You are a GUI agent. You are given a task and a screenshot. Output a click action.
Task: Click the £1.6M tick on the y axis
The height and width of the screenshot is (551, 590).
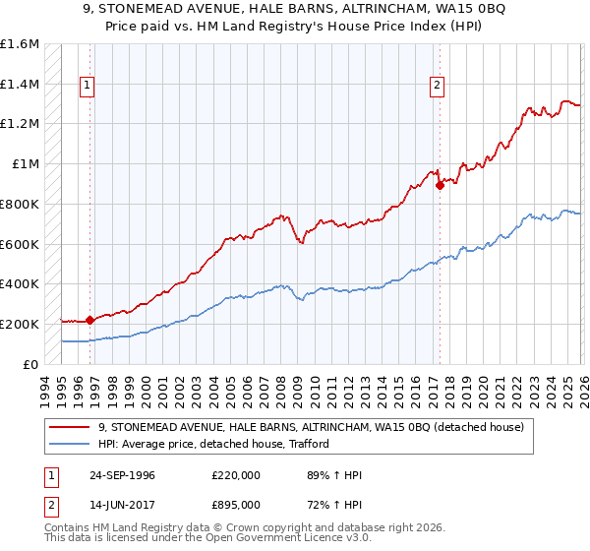click(20, 44)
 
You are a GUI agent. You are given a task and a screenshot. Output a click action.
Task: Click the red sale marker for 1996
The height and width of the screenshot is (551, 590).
click(90, 319)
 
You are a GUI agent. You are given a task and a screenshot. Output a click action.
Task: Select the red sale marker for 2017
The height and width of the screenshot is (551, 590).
click(440, 185)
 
